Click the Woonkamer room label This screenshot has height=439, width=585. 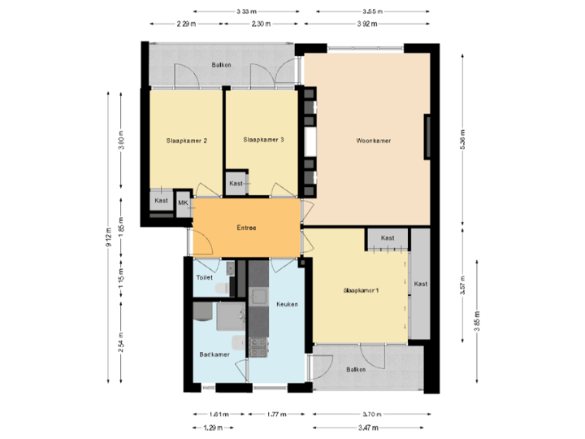point(374,141)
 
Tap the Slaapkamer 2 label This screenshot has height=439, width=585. point(186,141)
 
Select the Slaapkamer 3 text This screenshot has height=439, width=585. point(263,140)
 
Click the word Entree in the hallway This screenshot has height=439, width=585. point(246,228)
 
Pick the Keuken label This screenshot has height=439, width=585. point(287,304)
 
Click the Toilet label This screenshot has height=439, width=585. point(205,277)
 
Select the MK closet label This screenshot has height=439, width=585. point(183,202)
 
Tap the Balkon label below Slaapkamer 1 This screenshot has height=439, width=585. point(355,369)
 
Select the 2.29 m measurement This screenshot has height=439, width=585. point(186,24)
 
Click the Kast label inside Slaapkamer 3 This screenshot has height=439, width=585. point(236,184)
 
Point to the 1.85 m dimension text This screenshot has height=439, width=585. point(121,224)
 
